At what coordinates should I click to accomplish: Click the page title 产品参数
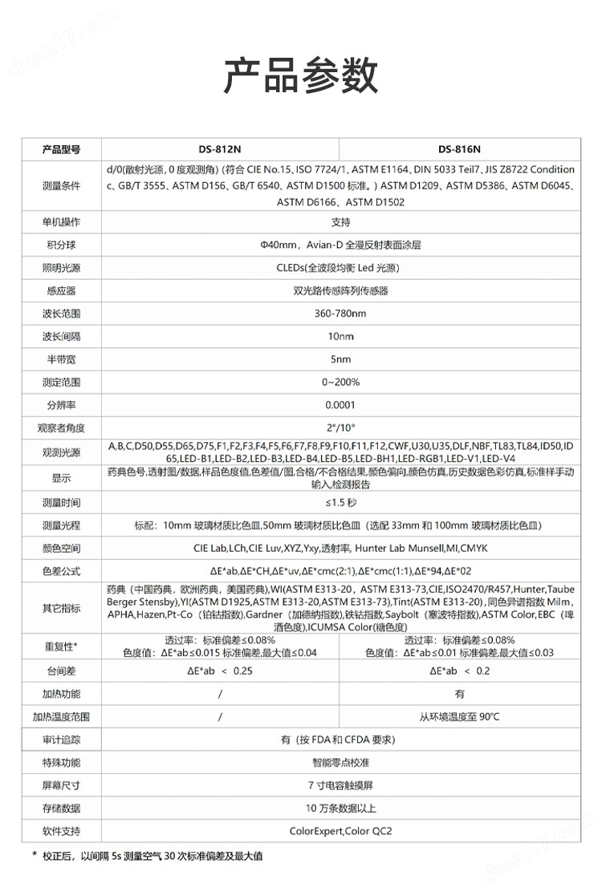(x=301, y=76)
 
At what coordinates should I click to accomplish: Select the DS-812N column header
(x=220, y=148)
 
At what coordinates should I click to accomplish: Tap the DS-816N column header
(x=460, y=148)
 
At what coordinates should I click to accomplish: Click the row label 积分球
(x=62, y=244)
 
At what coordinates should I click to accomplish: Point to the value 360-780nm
(x=340, y=313)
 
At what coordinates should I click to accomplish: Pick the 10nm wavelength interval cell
(x=340, y=336)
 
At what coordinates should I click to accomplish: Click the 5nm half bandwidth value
(x=340, y=359)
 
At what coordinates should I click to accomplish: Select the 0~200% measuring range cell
(x=340, y=382)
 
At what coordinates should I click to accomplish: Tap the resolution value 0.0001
(x=340, y=405)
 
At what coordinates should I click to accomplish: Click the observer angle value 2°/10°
(x=340, y=428)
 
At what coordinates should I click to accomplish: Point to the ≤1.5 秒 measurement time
(x=340, y=502)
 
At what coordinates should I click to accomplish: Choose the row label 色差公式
(x=62, y=572)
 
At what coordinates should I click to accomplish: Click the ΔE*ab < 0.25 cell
(x=220, y=671)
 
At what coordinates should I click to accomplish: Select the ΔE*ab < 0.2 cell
(x=460, y=671)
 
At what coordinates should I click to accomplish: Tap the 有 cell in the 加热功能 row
(x=460, y=694)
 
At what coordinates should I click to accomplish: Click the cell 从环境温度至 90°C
(x=460, y=717)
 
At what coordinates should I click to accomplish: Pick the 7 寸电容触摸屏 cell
(x=340, y=785)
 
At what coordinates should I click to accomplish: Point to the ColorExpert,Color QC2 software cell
(x=340, y=831)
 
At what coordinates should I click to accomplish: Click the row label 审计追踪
(x=62, y=740)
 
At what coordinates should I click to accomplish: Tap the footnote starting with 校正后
(x=153, y=857)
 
